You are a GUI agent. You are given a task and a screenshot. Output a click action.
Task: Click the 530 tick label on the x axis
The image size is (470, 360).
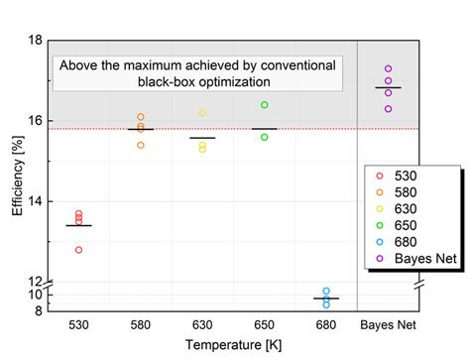[x=78, y=324]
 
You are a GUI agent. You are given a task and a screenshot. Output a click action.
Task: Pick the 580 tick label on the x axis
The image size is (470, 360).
[x=140, y=324]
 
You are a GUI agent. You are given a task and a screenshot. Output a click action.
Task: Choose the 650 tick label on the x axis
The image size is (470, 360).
[x=264, y=324]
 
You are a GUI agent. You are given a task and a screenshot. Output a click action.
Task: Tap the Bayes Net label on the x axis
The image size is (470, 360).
[x=388, y=324]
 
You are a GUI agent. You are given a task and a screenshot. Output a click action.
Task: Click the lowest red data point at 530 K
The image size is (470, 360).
[x=79, y=249]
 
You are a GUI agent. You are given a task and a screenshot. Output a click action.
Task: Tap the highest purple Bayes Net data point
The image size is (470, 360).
[x=389, y=69]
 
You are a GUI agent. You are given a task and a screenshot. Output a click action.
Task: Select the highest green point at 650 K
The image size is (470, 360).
[x=265, y=104]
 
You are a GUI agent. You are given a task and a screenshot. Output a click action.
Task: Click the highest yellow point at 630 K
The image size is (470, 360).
[x=202, y=113]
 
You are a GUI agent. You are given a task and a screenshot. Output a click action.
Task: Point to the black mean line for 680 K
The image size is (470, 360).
[x=326, y=299]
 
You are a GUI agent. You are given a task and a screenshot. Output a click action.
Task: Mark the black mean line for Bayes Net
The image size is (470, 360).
[x=389, y=88]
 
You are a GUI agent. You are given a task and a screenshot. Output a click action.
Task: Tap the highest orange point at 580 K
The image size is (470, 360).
[x=141, y=117]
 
